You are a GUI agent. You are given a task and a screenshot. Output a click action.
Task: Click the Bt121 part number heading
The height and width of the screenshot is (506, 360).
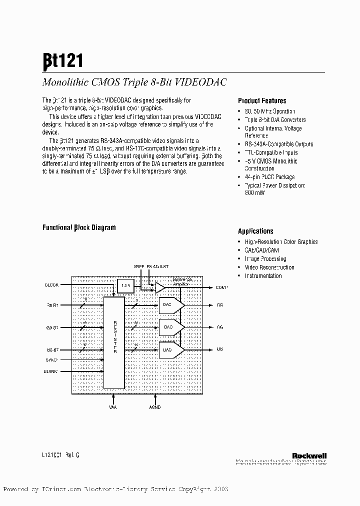coord(63,60)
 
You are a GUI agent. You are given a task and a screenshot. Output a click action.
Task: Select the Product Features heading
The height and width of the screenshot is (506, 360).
coord(262,100)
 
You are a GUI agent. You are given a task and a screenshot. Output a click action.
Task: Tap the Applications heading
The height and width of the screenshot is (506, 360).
coord(255,231)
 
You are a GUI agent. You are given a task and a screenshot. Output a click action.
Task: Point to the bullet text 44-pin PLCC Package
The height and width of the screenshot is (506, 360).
coord(269,177)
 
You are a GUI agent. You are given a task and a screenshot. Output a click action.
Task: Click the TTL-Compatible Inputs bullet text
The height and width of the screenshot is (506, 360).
coord(271,152)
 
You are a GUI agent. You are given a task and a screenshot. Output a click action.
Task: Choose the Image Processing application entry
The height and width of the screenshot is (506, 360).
coord(265,259)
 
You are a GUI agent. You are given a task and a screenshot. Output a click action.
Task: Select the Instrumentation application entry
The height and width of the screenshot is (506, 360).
coord(263,276)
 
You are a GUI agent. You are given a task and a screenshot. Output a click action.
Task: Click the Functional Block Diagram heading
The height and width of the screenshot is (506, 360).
coord(79,227)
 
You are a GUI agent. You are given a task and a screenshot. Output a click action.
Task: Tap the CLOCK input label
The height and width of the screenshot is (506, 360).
coord(52,284)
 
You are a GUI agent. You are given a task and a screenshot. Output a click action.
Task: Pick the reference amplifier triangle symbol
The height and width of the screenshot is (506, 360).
coord(159,287)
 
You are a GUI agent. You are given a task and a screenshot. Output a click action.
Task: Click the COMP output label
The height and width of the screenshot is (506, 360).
coord(221,287)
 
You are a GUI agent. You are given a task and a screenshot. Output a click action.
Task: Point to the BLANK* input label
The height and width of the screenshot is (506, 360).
coord(51,371)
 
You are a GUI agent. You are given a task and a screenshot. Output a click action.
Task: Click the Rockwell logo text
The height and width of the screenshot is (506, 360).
coord(309,455)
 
